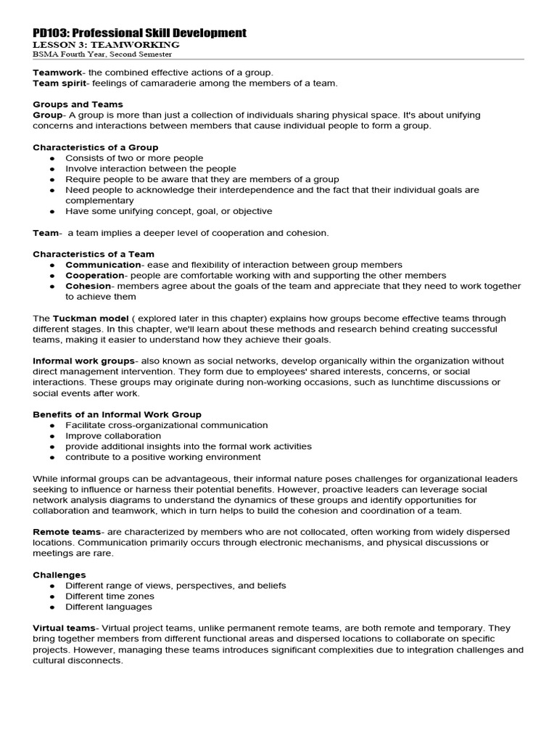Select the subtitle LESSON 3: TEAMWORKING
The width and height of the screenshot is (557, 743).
107,45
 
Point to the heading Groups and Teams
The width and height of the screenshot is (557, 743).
78,104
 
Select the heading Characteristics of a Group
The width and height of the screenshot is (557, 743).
95,147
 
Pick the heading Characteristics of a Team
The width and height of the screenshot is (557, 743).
94,254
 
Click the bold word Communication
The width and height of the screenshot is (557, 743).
103,265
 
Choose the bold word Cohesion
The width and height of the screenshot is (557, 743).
88,286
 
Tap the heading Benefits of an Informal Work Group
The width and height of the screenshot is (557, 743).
117,414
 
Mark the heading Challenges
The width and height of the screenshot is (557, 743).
59,575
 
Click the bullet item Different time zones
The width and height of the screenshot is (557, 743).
110,596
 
